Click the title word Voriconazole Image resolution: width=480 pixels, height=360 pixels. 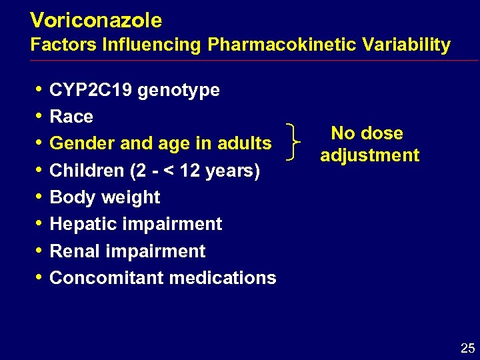point(96,21)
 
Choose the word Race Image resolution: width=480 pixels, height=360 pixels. point(71,117)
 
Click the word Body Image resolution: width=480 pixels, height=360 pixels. point(69,197)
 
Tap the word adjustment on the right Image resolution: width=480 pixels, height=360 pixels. point(369,156)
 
